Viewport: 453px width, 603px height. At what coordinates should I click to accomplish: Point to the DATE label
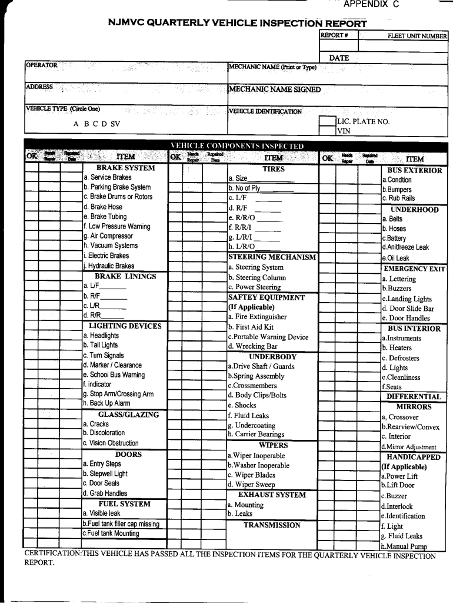point(339,58)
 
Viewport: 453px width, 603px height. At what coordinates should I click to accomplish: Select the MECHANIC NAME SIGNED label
point(275,90)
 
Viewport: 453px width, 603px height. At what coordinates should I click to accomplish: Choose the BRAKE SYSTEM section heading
point(125,168)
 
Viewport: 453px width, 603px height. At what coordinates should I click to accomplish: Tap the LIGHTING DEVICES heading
point(125,326)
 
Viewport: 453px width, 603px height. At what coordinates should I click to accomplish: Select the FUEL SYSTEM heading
point(124,504)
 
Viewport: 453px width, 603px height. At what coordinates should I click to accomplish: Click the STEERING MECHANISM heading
point(272,257)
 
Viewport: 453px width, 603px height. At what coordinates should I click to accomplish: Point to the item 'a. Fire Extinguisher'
point(257,317)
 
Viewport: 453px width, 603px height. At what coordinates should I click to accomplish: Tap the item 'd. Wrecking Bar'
point(252,347)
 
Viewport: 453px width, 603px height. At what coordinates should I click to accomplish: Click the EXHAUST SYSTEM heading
point(272,495)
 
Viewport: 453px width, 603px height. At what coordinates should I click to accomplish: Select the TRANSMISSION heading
point(272,525)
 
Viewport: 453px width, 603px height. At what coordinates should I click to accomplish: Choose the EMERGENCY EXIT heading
point(414,269)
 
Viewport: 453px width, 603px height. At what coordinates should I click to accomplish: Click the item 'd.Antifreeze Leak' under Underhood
point(405,248)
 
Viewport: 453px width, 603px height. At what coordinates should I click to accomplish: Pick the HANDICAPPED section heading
point(414,457)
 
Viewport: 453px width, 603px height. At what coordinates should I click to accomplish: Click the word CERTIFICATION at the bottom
point(52,555)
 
